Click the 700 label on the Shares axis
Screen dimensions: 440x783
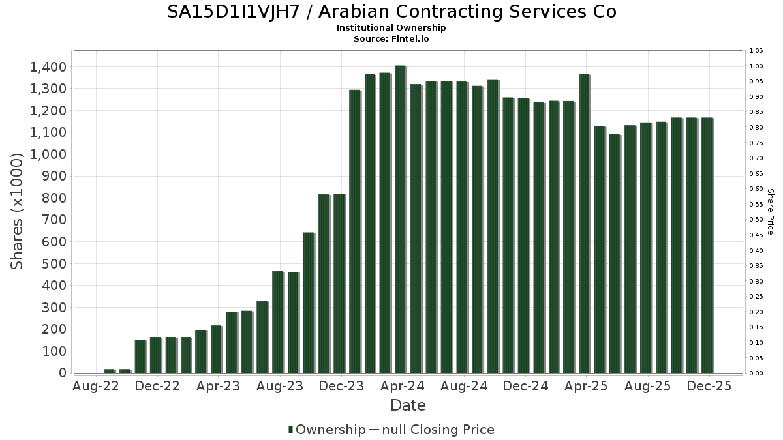click(x=54, y=220)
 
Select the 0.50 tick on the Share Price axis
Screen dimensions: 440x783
click(x=757, y=220)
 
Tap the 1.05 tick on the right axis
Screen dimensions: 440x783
click(x=757, y=51)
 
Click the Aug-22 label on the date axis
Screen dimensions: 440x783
click(x=96, y=386)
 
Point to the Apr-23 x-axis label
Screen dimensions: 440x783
click(x=218, y=386)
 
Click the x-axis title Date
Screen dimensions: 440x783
click(x=408, y=405)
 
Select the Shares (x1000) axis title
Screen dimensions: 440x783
click(x=18, y=211)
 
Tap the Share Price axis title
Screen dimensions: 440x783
click(x=770, y=212)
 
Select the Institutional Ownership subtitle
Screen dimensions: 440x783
click(x=391, y=28)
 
